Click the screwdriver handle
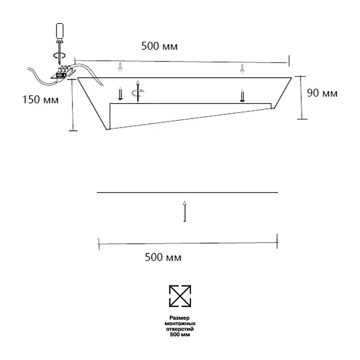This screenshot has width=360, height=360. (60, 32)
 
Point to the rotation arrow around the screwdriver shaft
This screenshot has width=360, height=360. (59, 55)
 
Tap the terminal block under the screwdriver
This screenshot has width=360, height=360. (63, 72)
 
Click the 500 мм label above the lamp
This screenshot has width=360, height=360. (159, 46)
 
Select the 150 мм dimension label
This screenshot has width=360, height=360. (40, 99)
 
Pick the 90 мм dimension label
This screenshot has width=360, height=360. (322, 93)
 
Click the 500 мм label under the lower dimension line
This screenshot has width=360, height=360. (163, 257)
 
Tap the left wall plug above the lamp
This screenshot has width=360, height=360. (120, 67)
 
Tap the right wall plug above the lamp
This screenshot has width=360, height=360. (242, 69)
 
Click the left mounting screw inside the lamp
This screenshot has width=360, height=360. (120, 94)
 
